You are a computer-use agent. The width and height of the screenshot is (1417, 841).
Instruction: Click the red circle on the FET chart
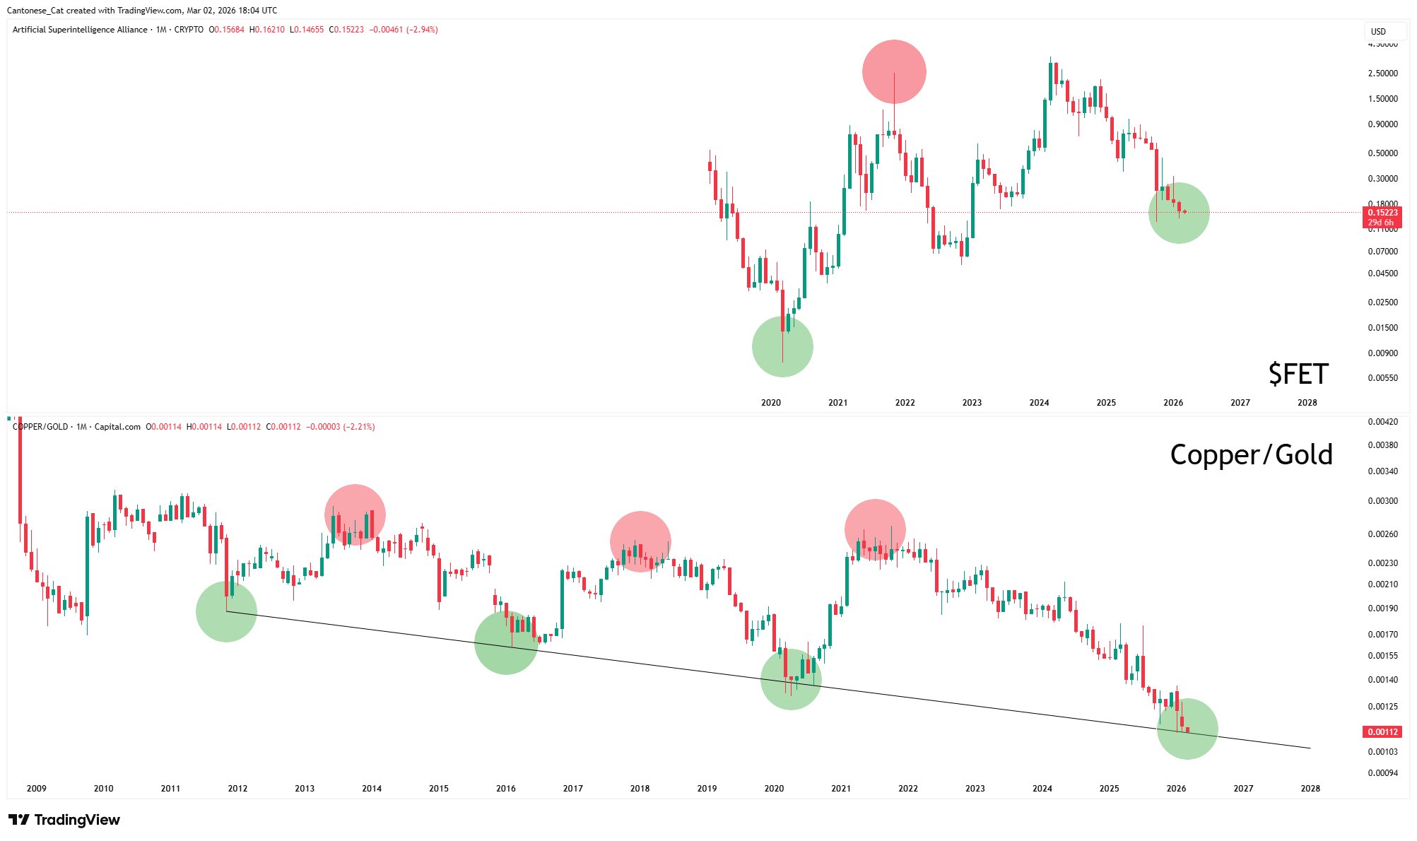(x=894, y=71)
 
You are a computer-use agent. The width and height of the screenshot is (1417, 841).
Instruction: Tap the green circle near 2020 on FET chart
(x=782, y=346)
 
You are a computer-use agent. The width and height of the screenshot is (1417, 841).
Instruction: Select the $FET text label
(x=1298, y=374)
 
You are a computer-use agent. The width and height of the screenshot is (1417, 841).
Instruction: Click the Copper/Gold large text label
(x=1251, y=454)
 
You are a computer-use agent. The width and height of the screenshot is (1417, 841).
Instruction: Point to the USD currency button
(x=1378, y=31)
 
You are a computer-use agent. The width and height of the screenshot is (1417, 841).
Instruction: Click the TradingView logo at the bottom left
(x=64, y=820)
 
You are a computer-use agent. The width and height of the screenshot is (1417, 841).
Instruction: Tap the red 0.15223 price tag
(x=1382, y=213)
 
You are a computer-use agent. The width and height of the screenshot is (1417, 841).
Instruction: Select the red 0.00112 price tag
(x=1382, y=732)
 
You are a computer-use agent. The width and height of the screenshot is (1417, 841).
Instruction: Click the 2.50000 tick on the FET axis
(x=1382, y=73)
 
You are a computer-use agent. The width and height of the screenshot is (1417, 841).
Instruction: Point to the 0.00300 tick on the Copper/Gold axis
(x=1382, y=501)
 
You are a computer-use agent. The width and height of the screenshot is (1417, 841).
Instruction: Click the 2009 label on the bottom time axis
(x=36, y=789)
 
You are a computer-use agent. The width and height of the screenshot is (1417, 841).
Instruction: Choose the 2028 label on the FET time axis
(x=1307, y=403)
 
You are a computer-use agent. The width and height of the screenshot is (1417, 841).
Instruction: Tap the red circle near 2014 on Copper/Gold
(x=355, y=514)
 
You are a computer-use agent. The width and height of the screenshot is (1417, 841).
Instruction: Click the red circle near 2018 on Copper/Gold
(x=640, y=541)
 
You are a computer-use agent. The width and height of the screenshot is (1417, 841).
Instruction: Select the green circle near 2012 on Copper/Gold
(x=226, y=611)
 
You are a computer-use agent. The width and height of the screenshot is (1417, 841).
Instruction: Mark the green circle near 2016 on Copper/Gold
(x=505, y=642)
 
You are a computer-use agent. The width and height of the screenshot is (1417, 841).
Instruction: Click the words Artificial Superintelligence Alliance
(x=80, y=30)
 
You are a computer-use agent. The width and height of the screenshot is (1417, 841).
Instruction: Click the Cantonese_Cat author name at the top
(x=35, y=11)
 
